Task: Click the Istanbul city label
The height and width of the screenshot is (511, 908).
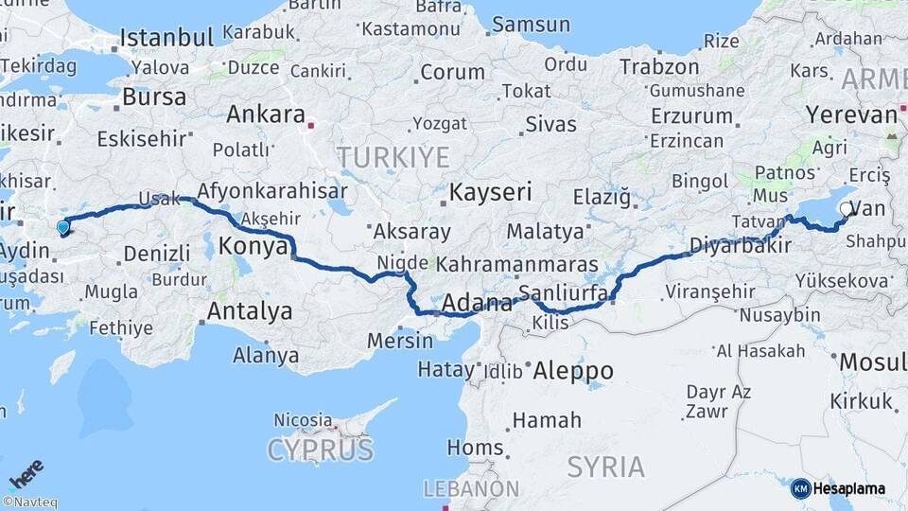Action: coord(166,38)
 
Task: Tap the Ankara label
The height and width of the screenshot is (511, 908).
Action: coord(265,115)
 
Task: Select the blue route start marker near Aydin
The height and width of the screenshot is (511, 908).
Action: coord(63,227)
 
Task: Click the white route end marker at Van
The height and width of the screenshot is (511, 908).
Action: coord(846,208)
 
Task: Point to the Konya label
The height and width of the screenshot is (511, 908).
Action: coord(253,247)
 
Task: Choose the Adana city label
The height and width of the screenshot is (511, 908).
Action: coord(477,304)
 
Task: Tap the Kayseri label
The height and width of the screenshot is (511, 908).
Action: coord(489,192)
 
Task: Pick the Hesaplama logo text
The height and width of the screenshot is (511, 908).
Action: coord(850,488)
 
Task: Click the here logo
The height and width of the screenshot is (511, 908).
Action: coord(26,474)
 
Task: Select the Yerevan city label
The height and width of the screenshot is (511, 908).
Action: coord(850,115)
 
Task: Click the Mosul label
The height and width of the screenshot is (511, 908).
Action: coord(872,361)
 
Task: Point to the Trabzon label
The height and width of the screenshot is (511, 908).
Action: coord(659,67)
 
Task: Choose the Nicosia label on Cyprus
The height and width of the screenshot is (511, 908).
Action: coord(303,419)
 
